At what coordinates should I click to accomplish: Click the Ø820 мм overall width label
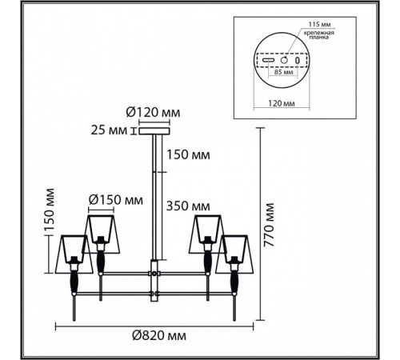(159, 335)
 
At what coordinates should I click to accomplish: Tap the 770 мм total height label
(269, 225)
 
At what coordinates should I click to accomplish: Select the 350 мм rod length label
(188, 206)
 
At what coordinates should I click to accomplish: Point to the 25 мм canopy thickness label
(109, 130)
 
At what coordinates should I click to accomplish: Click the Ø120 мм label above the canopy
(153, 113)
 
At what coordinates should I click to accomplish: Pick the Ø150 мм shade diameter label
(116, 199)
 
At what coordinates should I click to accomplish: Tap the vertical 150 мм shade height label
(50, 210)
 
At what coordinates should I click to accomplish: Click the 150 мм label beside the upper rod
(188, 154)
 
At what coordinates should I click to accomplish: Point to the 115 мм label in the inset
(319, 24)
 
